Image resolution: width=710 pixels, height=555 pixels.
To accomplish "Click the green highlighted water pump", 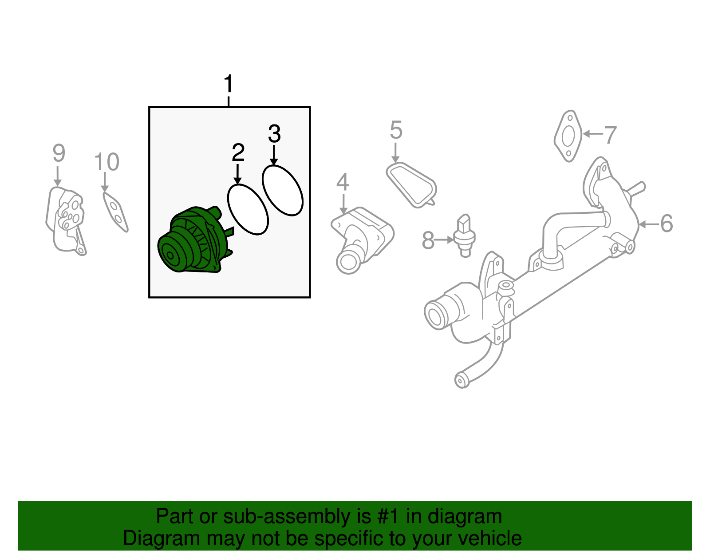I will point(193,242).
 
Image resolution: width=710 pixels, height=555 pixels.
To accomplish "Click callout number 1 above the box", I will point(228,84).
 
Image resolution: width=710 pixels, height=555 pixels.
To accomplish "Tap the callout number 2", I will point(238,153).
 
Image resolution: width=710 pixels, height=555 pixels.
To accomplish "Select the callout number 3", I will point(274,134).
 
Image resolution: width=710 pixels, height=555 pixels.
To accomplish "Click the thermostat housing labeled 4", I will point(362,238).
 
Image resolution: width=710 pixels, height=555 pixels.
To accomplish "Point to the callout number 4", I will point(343,183).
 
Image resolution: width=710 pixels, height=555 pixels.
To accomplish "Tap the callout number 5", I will point(396,131).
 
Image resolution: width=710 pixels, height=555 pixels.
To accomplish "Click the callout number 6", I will point(666,224).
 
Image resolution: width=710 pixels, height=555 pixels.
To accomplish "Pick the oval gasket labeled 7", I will point(568,136).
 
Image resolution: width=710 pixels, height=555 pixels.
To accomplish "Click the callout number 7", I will point(611,135).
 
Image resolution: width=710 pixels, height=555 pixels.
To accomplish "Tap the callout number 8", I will point(428,240).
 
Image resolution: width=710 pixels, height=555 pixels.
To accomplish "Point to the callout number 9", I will point(59,153).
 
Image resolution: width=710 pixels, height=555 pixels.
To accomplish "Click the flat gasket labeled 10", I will point(115,212).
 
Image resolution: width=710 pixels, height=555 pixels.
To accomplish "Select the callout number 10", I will point(106,162).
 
